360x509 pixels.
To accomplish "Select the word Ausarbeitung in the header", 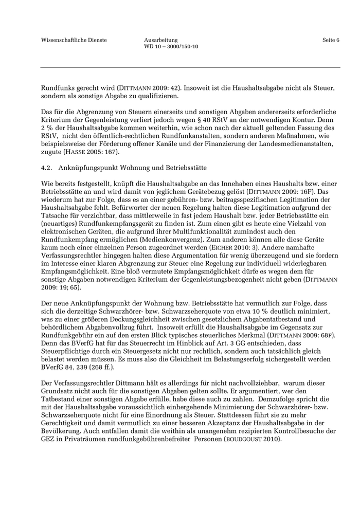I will (161, 40).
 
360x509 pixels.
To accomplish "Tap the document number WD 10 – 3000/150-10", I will (171, 47).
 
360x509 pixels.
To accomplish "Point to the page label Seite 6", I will (331, 40).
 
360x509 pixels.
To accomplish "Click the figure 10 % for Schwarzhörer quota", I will (229, 312).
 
